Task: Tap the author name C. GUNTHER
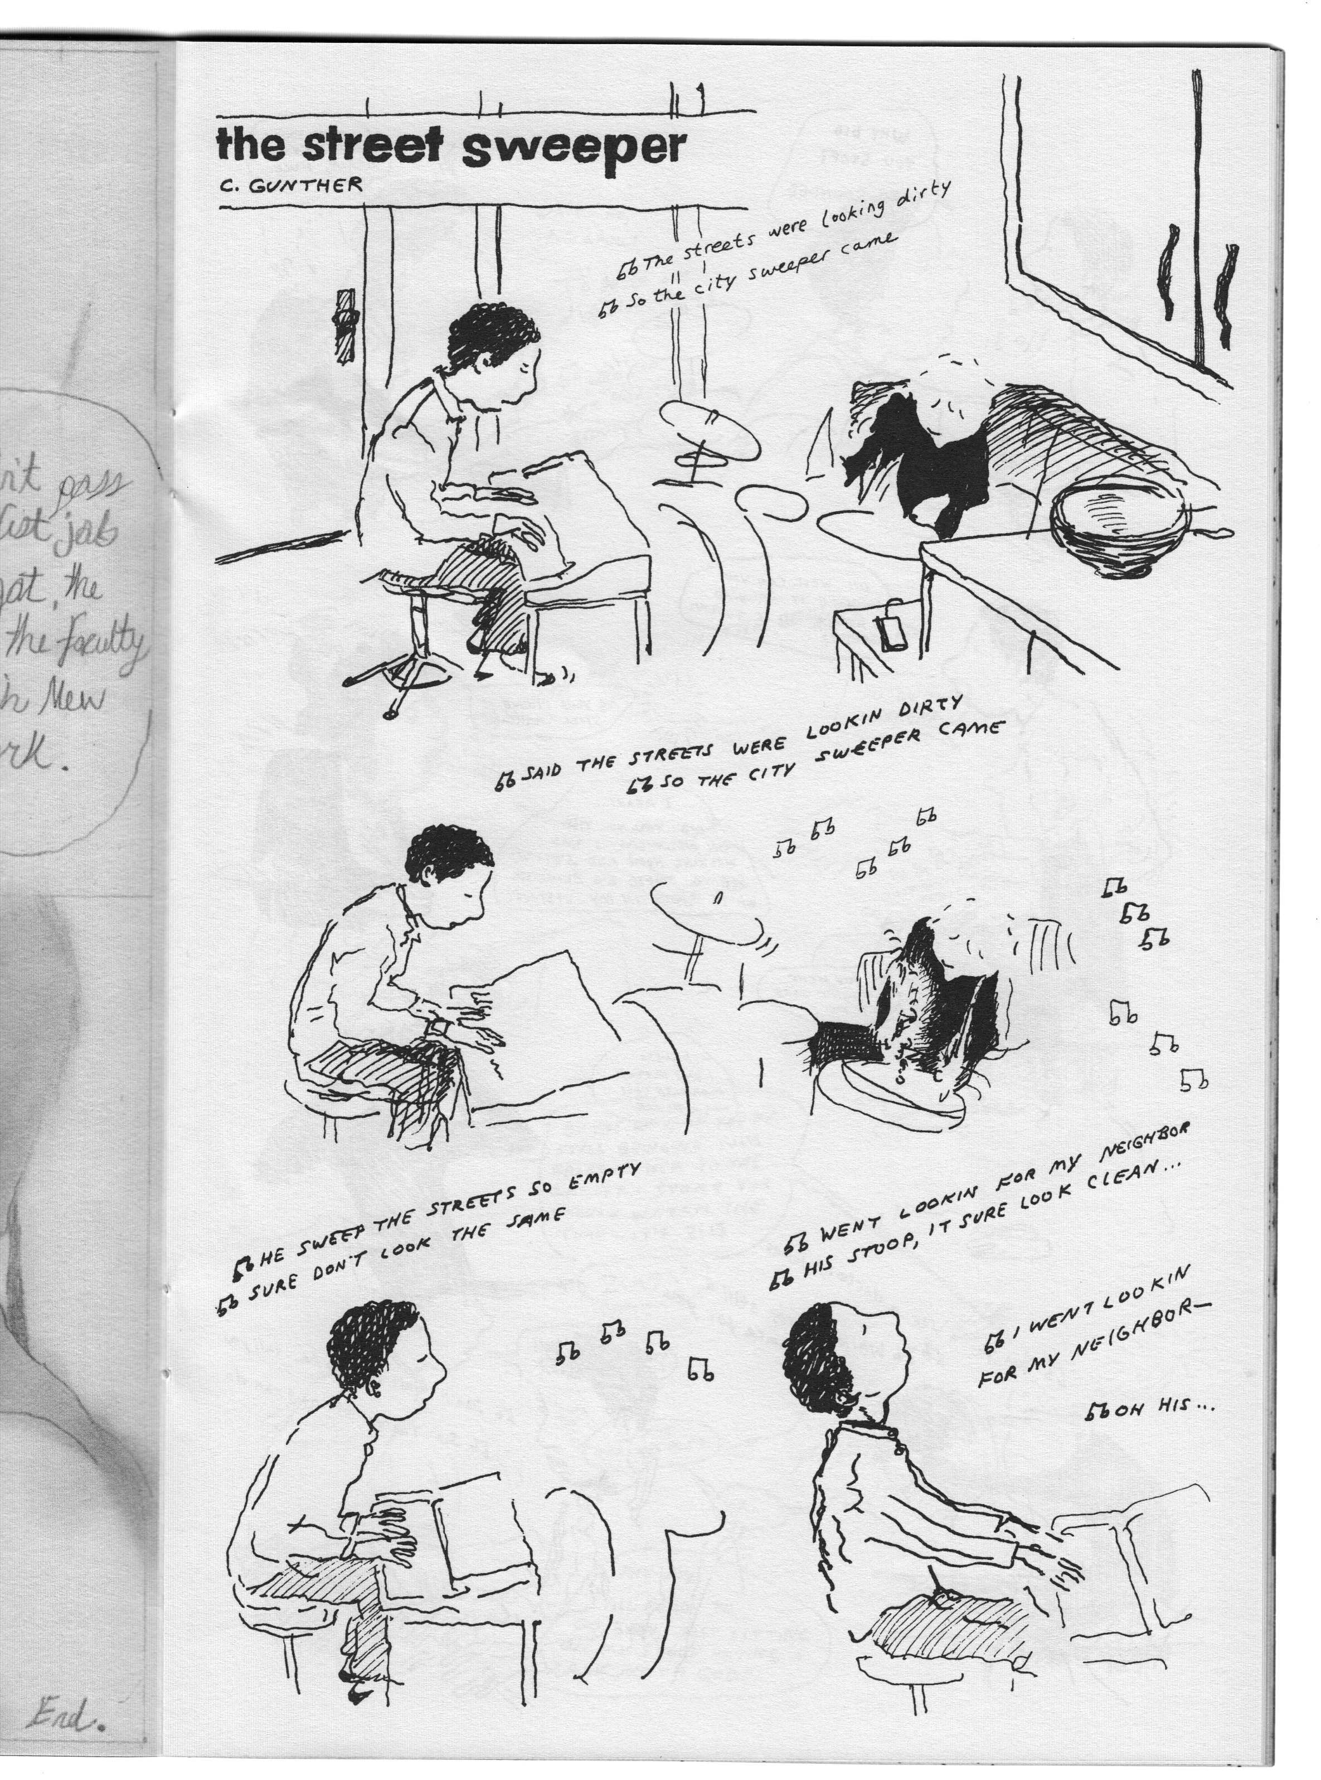294,186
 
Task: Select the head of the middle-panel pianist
452,876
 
